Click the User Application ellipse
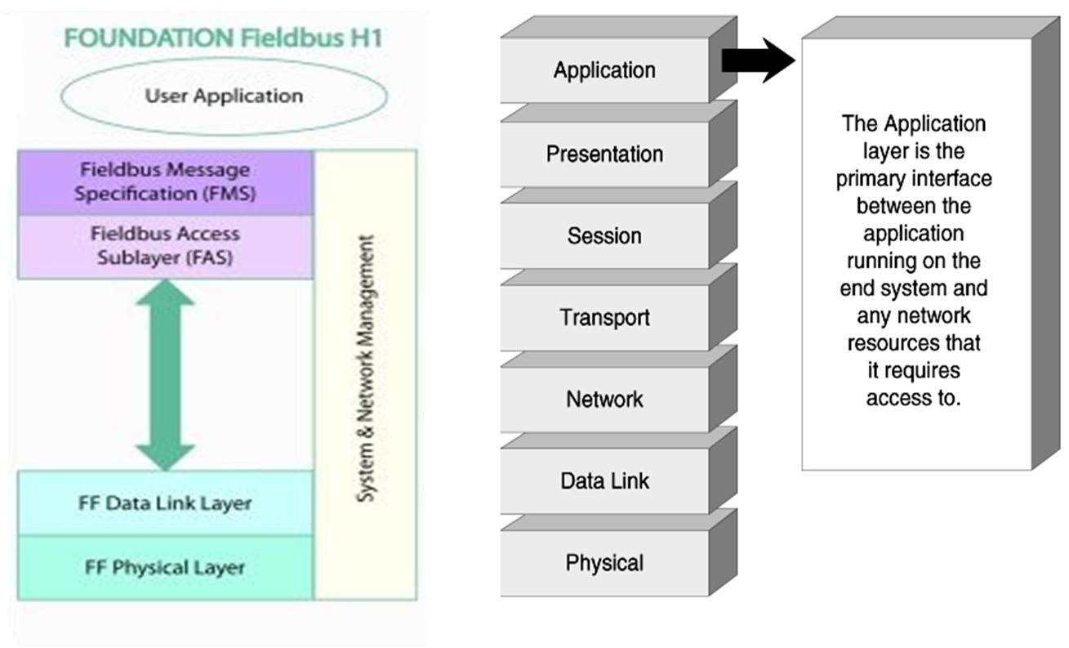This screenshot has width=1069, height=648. click(223, 96)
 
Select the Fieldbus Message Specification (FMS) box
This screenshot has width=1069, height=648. click(165, 182)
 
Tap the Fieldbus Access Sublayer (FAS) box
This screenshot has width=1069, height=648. click(165, 246)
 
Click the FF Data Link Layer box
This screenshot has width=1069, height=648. click(165, 503)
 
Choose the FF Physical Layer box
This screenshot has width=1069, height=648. click(165, 567)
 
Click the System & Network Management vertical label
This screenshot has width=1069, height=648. click(367, 369)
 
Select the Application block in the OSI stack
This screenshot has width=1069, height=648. click(604, 71)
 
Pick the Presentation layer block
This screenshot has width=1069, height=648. click(604, 154)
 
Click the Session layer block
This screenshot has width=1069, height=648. click(604, 236)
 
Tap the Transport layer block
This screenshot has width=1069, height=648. click(604, 317)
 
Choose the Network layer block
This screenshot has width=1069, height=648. click(604, 400)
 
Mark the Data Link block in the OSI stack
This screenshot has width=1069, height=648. click(604, 480)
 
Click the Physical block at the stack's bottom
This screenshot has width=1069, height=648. click(604, 563)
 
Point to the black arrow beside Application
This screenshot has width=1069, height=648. click(758, 60)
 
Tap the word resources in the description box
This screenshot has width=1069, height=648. click(914, 343)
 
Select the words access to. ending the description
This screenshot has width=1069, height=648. click(914, 398)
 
